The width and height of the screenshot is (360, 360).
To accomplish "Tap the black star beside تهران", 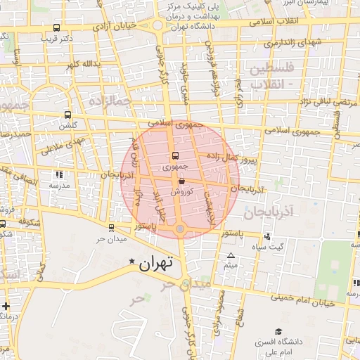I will [131, 262].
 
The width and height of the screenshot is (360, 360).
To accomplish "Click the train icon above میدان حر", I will [111, 227].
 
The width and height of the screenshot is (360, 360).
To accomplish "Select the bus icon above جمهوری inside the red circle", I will [175, 156].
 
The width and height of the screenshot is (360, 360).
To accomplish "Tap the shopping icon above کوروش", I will [181, 181].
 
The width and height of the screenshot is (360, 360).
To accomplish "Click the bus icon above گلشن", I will [67, 115].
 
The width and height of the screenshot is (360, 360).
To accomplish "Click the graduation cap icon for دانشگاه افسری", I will [278, 331].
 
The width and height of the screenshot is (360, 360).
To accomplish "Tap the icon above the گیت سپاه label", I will [266, 237].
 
